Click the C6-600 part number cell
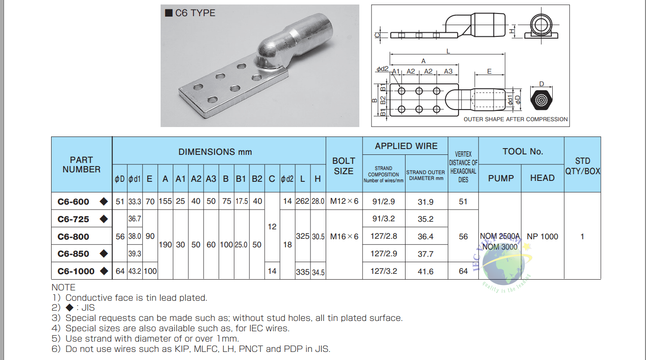74,202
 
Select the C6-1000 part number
76,271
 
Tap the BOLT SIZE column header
344,166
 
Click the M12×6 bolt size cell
344,202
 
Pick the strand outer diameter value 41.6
425,271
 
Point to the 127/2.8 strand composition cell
384,236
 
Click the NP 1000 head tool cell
542,237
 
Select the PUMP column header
501,178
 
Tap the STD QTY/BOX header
582,166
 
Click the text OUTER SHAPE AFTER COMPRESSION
515,119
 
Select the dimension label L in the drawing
448,52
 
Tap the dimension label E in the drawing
489,71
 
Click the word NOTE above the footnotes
64,287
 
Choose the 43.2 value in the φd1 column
135,271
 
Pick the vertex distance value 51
463,202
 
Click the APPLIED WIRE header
406,146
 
